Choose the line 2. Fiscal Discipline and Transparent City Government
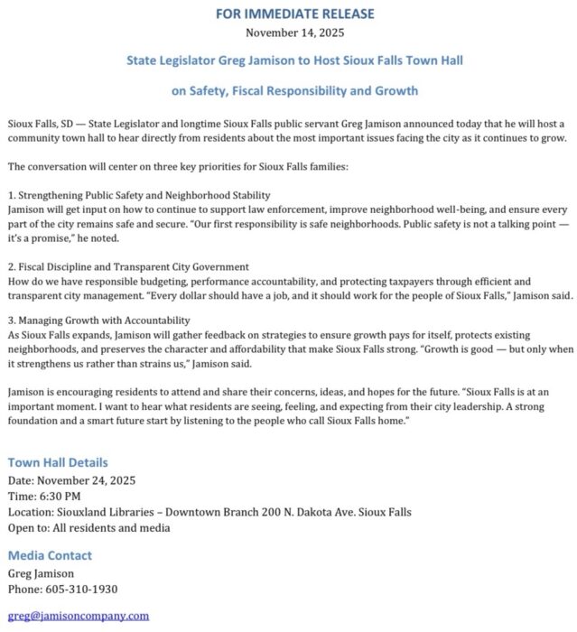point(127,267)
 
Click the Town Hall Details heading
point(57,461)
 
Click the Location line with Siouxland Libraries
point(209,512)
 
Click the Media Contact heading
point(50,555)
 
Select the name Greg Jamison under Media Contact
point(42,573)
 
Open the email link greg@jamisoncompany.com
point(78,616)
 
